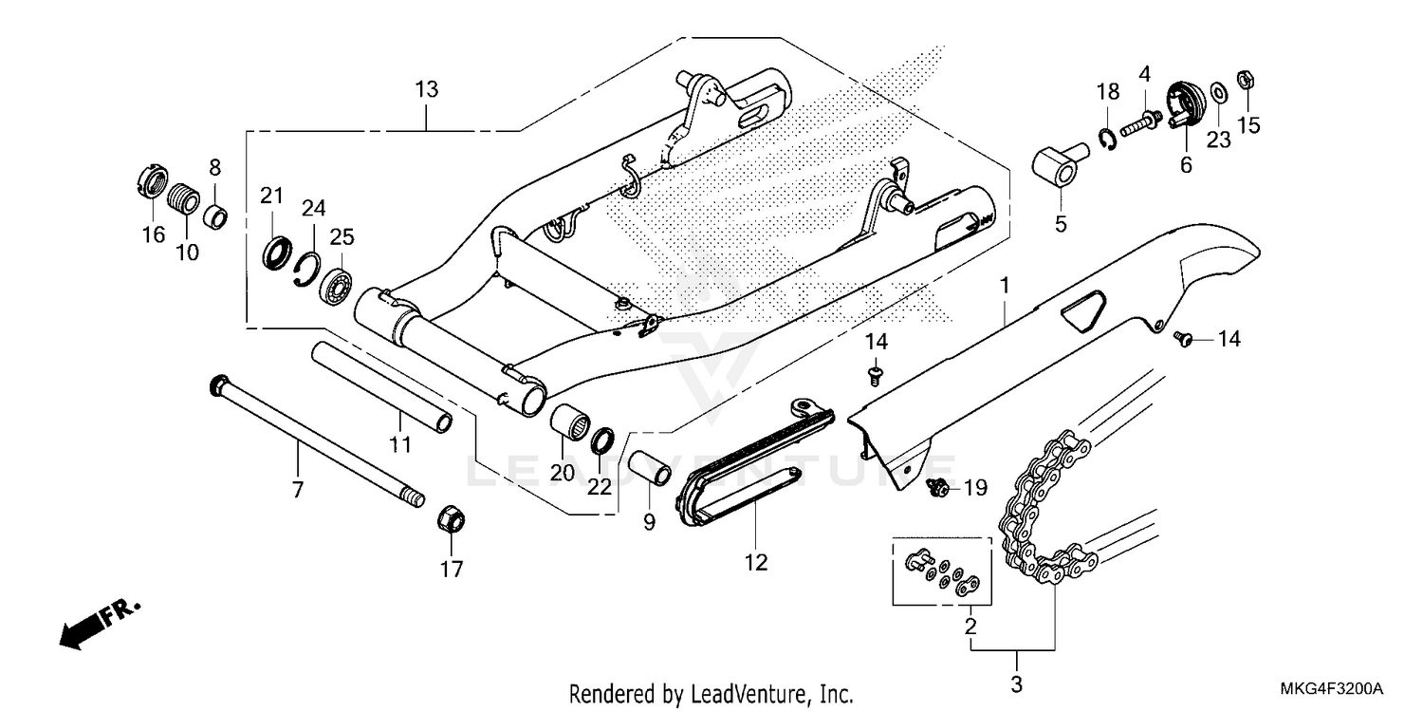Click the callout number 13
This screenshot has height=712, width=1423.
click(x=426, y=90)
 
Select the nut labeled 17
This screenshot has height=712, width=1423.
click(x=452, y=520)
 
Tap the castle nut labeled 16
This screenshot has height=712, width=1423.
click(x=154, y=181)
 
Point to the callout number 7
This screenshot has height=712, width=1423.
click(x=297, y=491)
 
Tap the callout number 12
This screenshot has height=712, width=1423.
click(x=754, y=563)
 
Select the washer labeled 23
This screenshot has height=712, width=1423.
click(x=1219, y=94)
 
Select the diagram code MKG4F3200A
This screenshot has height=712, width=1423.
click(x=1334, y=687)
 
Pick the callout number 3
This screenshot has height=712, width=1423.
click(x=1016, y=684)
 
